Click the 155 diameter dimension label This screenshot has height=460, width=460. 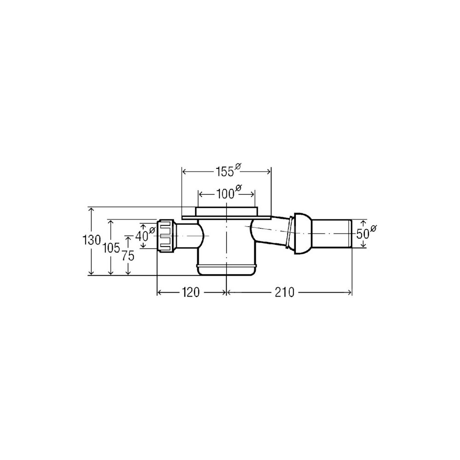click(228, 171)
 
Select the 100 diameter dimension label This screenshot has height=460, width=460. click(229, 193)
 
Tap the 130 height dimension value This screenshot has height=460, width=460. click(92, 241)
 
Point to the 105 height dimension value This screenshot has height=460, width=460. click(111, 248)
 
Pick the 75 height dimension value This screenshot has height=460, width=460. click(128, 256)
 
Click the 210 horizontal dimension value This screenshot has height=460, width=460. click(284, 293)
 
